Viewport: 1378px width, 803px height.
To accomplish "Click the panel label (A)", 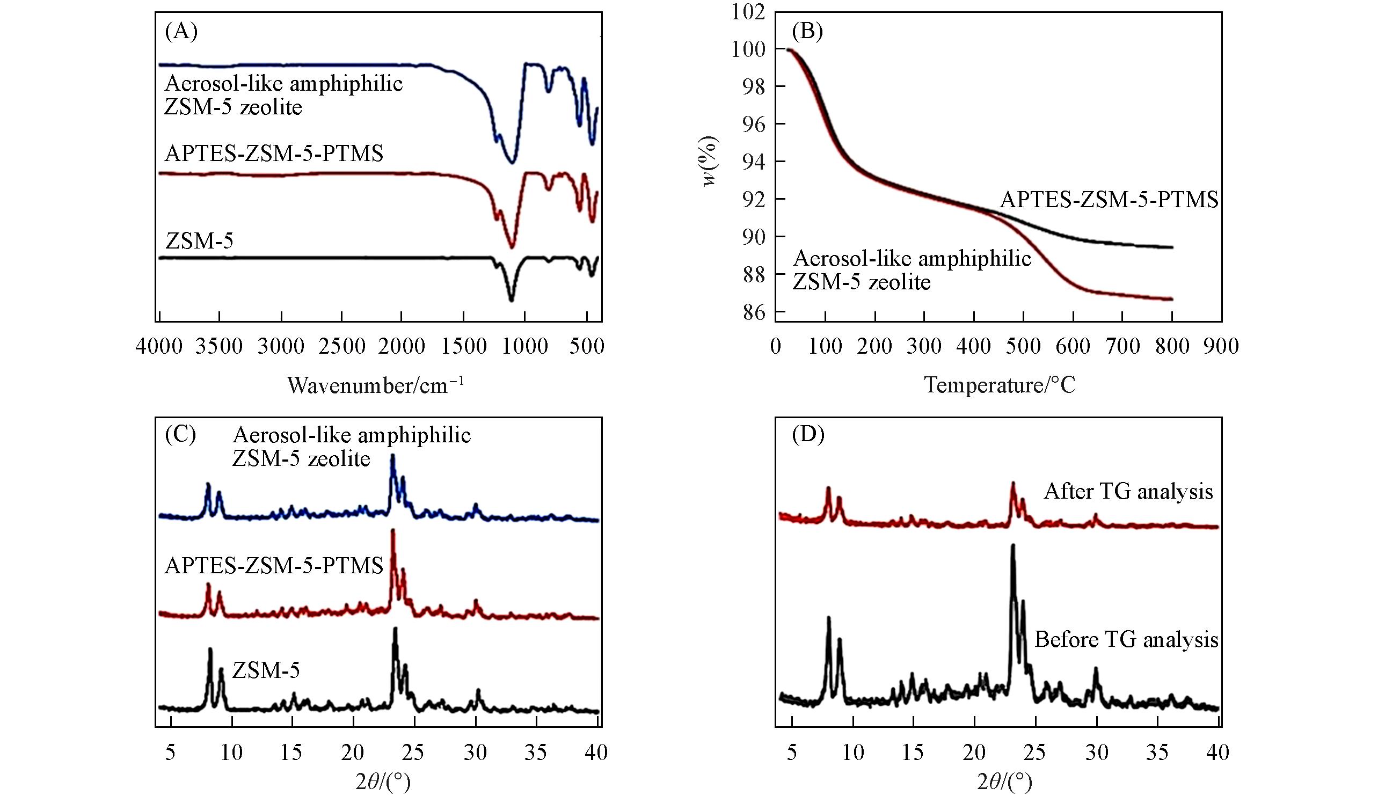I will (181, 32).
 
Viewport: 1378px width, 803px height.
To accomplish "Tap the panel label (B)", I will (807, 32).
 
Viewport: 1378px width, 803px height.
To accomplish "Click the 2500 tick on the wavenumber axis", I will (341, 346).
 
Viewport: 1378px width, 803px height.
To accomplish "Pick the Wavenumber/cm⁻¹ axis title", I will (376, 385).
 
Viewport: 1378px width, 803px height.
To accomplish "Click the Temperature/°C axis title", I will (1000, 385).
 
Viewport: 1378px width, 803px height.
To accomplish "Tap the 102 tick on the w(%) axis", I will (748, 12).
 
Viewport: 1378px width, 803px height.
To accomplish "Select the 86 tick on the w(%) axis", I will (754, 312).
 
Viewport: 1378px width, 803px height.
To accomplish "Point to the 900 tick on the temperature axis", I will (1221, 346).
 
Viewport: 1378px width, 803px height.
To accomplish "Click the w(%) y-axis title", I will (709, 161).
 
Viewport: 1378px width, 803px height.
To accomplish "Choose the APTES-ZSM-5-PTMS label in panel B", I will (1109, 200).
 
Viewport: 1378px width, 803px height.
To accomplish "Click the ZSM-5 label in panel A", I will (199, 240).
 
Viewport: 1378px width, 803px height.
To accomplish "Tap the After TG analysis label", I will (1128, 492).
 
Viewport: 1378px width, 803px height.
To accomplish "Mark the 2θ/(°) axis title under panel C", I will (383, 782).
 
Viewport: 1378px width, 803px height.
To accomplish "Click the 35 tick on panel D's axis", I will (1157, 753).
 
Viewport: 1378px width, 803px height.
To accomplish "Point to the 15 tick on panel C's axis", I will (291, 753).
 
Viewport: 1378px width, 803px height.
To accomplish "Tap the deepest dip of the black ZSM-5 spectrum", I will (511, 300).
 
